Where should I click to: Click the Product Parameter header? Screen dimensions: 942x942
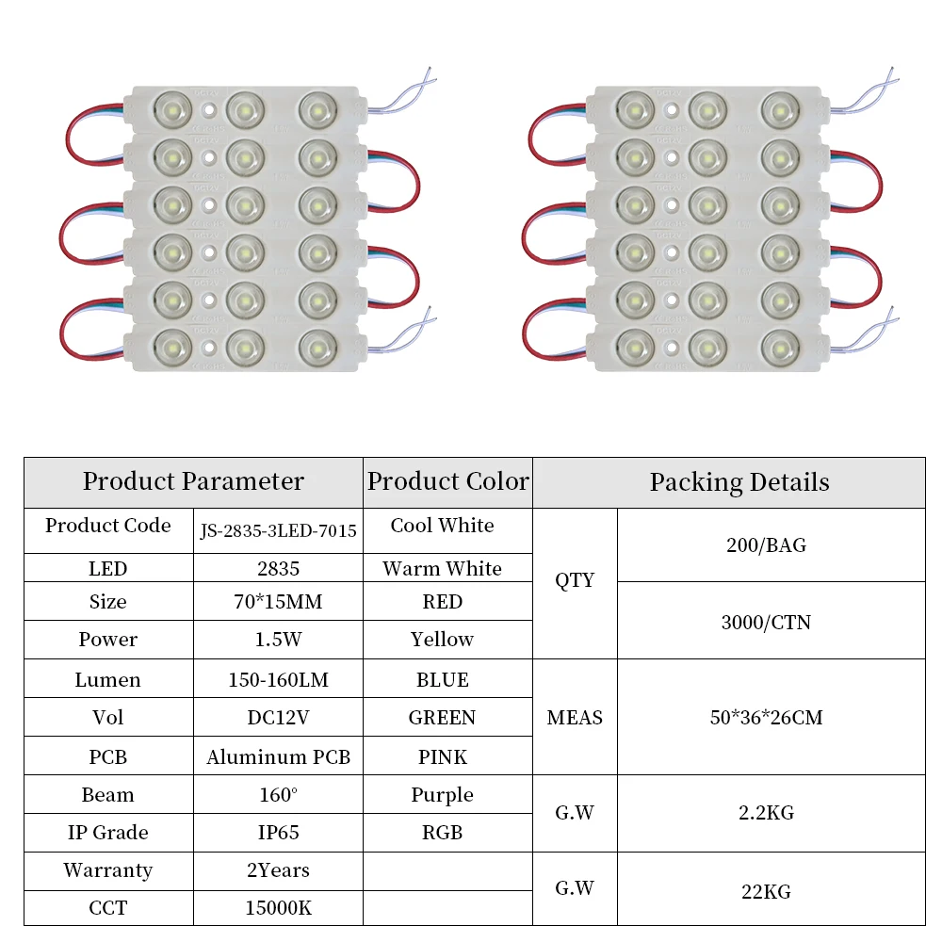click(x=193, y=481)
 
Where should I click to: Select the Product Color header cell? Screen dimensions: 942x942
click(x=447, y=481)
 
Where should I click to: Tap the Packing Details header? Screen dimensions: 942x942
click(x=739, y=482)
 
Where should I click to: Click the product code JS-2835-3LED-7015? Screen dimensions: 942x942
click(x=279, y=531)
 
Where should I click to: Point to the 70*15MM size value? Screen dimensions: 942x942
click(x=278, y=602)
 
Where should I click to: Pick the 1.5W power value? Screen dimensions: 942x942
click(x=278, y=640)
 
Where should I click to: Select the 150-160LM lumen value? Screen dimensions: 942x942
click(x=278, y=679)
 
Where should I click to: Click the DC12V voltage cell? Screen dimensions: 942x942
click(x=278, y=718)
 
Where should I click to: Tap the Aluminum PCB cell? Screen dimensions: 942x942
click(x=278, y=756)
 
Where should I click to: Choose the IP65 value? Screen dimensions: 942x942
click(x=278, y=833)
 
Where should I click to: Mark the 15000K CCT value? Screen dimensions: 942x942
click(x=278, y=908)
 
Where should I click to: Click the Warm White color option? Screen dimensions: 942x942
click(x=442, y=568)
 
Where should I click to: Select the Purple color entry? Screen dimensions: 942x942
click(x=442, y=795)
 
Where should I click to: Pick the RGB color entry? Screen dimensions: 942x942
click(x=442, y=833)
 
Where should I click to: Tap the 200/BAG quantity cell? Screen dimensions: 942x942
click(x=766, y=544)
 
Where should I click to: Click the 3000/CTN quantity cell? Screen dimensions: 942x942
click(x=766, y=622)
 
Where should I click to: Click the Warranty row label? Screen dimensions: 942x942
click(x=107, y=870)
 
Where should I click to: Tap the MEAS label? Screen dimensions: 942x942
click(x=575, y=718)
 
